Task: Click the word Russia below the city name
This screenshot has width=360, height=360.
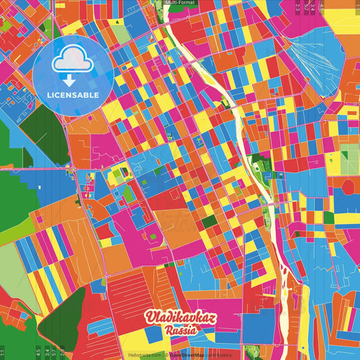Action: coord(180,331)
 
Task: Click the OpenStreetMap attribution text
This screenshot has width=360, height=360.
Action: coord(190,355)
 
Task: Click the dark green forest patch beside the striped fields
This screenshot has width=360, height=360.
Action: coord(61,317)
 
